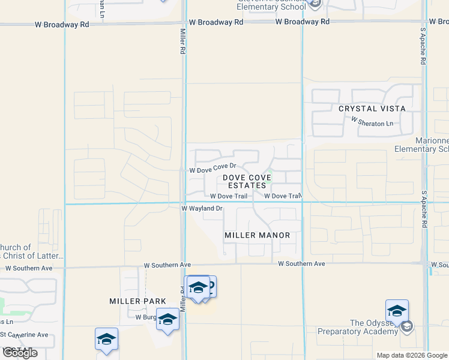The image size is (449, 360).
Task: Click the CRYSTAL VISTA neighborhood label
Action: [x=372, y=109]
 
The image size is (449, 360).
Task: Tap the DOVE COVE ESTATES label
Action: [x=244, y=181]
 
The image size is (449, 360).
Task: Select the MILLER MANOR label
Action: [x=257, y=235]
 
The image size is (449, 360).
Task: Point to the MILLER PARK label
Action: [x=133, y=301]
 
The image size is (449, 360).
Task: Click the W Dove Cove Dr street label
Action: [x=213, y=170]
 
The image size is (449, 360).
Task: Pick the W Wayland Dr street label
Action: [x=202, y=208]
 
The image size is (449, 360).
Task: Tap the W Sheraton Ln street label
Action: [x=372, y=123]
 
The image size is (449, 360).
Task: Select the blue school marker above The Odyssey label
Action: [x=397, y=311]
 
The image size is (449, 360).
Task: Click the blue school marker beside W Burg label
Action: [x=167, y=319]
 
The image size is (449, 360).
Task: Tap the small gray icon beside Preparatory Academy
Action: [x=407, y=326]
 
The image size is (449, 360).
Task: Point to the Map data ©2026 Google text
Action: [x=412, y=355]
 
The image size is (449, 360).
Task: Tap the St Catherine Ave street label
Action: [x=24, y=334]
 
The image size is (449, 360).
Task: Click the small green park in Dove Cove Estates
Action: [x=270, y=175]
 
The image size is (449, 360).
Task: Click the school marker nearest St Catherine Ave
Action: [x=106, y=339]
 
